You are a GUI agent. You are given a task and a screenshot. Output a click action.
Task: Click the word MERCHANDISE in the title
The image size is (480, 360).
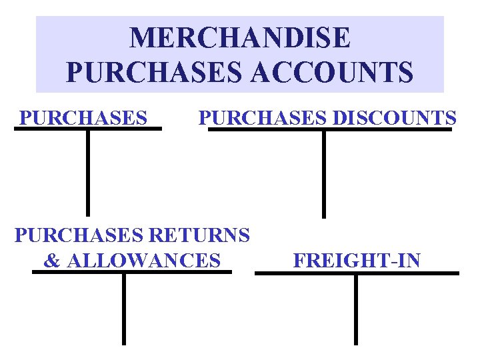(239, 38)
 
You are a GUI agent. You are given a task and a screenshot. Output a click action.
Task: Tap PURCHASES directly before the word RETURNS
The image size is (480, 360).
(79, 235)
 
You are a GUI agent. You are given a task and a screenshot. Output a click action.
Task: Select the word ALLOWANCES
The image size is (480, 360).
(143, 260)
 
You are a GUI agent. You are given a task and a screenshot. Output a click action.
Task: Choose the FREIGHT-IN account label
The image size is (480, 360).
(357, 260)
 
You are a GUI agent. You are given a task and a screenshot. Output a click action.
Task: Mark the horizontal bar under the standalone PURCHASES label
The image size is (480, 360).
(88, 129)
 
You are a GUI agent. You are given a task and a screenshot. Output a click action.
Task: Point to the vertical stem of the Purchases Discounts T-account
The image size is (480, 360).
(324, 173)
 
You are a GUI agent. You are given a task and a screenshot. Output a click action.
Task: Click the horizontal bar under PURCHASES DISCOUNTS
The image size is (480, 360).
(329, 129)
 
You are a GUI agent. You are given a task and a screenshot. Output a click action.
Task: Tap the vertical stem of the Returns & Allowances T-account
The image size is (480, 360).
(124, 309)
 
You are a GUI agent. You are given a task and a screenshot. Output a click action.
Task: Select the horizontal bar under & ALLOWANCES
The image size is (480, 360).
(132, 272)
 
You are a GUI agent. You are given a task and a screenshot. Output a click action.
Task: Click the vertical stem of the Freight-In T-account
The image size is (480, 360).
(355, 309)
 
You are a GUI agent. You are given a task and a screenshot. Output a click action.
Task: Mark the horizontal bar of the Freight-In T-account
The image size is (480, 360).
(357, 273)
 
